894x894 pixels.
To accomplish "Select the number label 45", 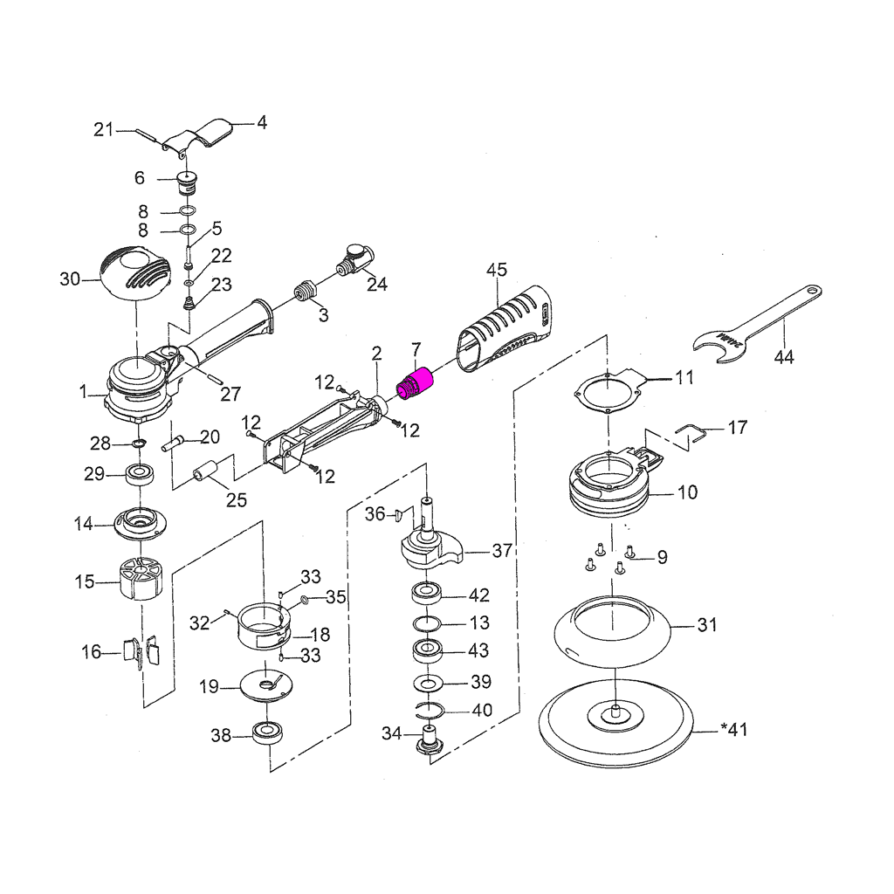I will pos(497,270).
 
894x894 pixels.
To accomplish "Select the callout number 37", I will pos(502,551).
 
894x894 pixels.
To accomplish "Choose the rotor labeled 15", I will pos(141,579).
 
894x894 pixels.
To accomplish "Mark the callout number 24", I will pos(376,285).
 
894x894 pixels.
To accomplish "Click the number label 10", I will pos(687,492).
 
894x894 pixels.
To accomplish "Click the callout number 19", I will pos(209,687).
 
